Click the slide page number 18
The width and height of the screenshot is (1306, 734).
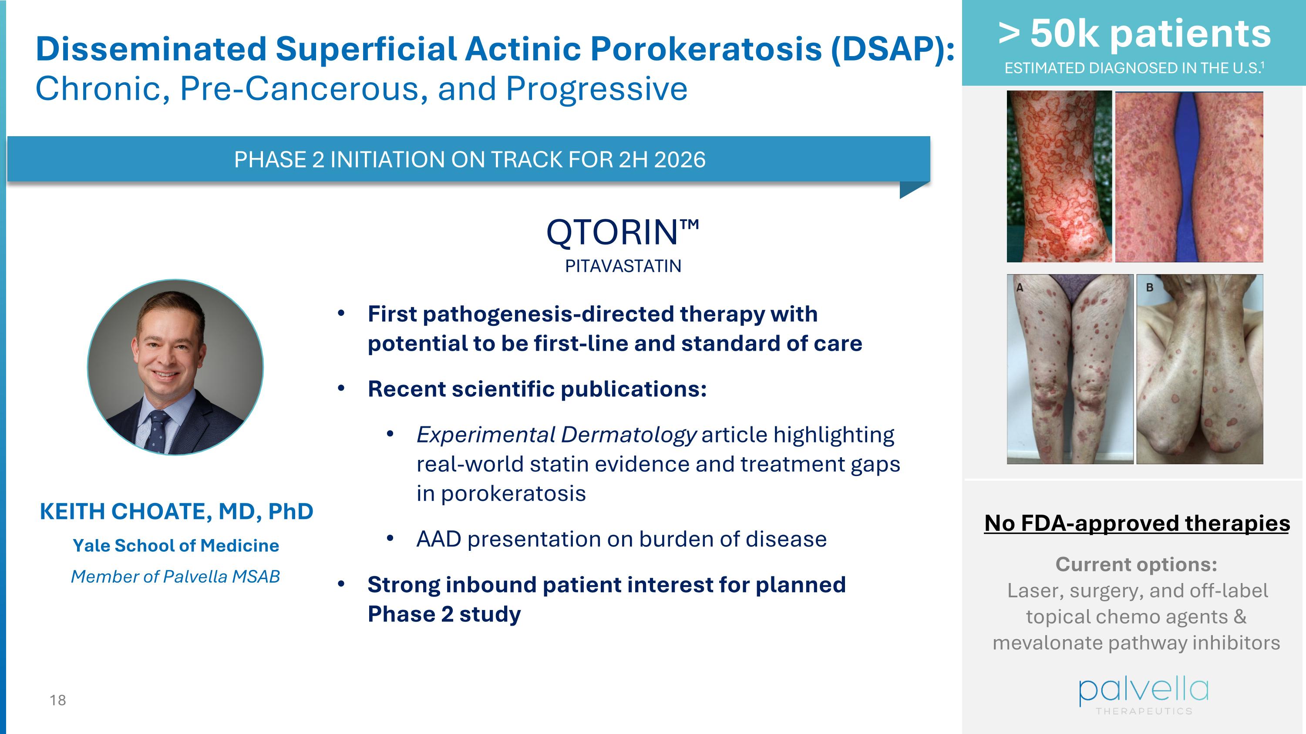click(x=58, y=700)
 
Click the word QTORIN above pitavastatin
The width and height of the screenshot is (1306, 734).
click(x=612, y=233)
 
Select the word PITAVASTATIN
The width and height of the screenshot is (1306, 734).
click(x=623, y=266)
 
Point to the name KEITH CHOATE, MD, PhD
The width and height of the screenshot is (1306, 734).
click(x=176, y=512)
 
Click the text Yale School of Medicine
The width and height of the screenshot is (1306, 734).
click(x=176, y=546)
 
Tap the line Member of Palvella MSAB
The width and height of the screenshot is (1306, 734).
click(x=175, y=576)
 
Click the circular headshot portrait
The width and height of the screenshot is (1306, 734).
click(x=175, y=367)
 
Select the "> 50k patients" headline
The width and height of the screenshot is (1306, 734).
click(x=1134, y=34)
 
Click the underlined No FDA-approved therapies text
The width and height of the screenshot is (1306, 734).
click(x=1137, y=523)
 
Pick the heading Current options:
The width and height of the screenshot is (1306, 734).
click(x=1136, y=564)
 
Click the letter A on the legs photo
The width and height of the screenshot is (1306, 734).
click(x=1020, y=288)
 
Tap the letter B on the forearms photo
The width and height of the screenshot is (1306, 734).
click(x=1149, y=288)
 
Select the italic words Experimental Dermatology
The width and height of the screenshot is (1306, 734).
click(x=557, y=435)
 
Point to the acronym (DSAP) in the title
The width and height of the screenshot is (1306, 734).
click(x=893, y=49)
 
